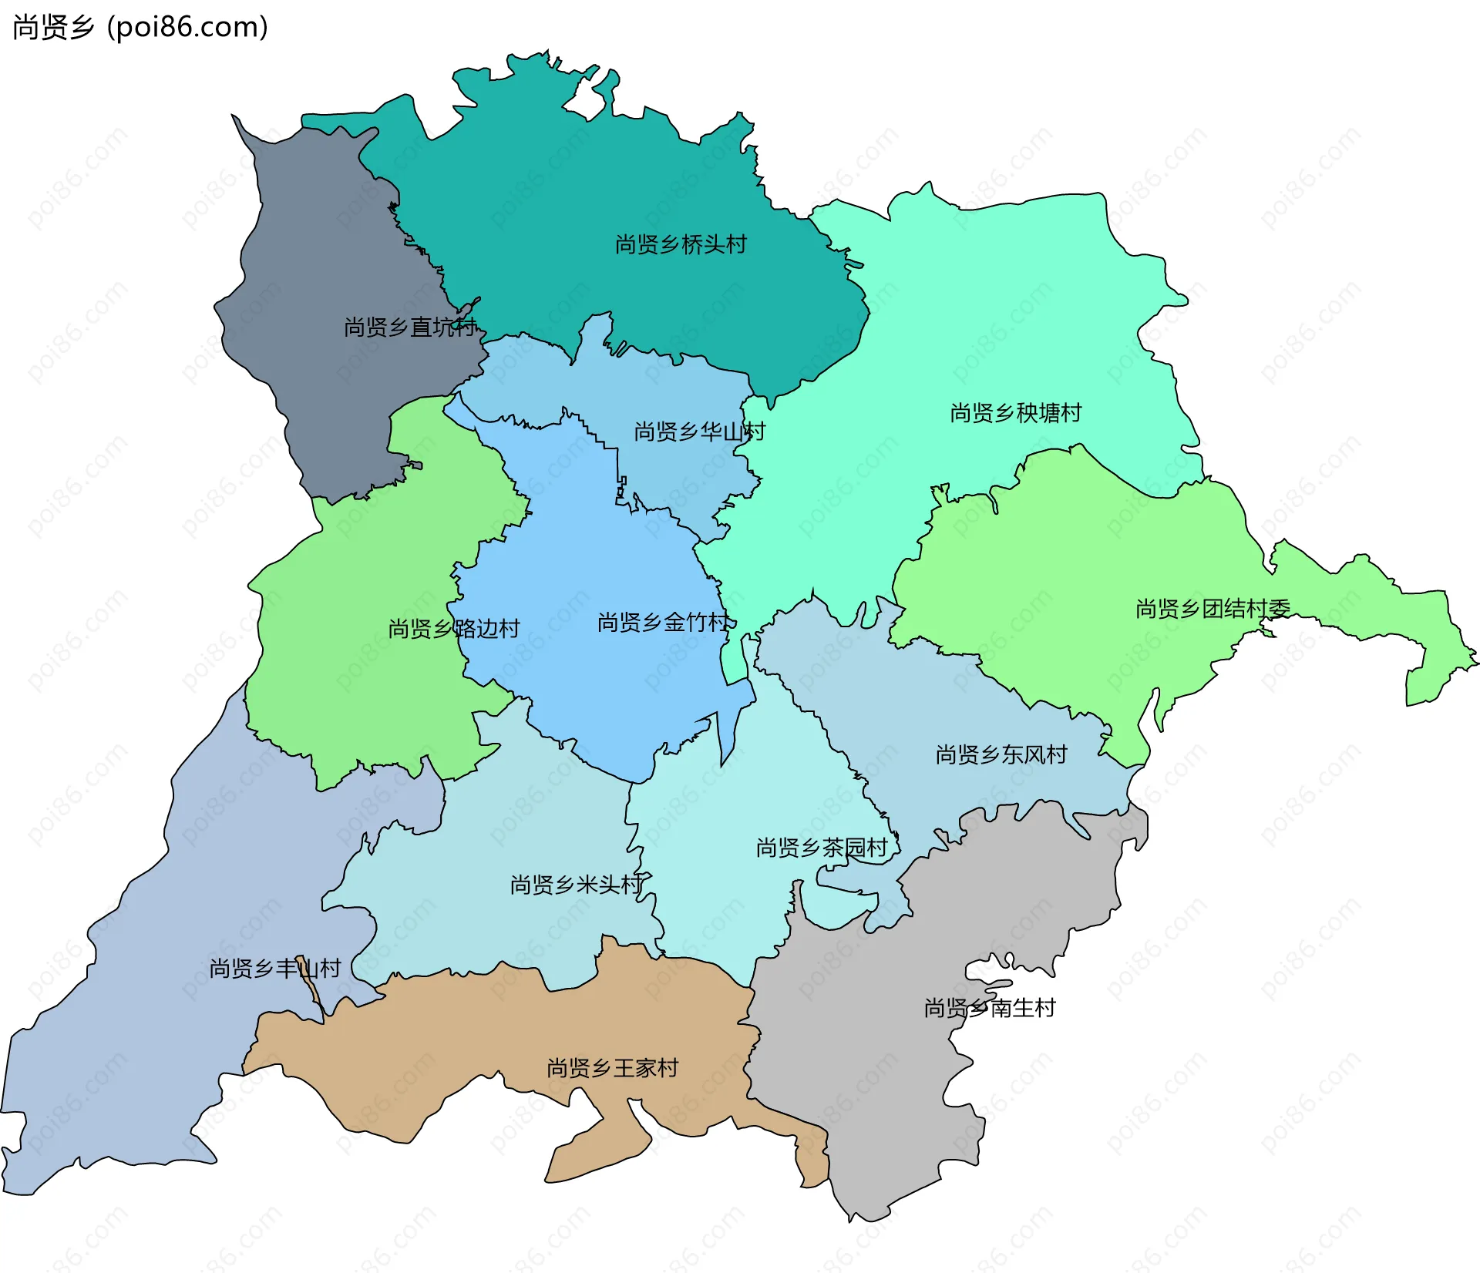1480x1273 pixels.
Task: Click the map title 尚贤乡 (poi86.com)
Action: (x=140, y=27)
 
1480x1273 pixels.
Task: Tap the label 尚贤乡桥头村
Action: (x=681, y=244)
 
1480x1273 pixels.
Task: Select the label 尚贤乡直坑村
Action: (x=410, y=327)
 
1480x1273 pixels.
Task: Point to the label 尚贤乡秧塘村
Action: (x=1015, y=412)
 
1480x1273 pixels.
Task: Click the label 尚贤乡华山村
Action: (x=699, y=431)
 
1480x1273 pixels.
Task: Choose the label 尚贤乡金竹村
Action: (x=663, y=622)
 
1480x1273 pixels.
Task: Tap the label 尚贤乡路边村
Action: (x=454, y=628)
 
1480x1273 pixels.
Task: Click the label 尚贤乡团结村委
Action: (x=1213, y=608)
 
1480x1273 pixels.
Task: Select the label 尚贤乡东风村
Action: (x=1001, y=754)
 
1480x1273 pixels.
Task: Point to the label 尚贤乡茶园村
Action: (x=822, y=848)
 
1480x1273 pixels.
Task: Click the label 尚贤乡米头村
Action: (x=576, y=884)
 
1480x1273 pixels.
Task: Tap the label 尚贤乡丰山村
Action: (x=274, y=968)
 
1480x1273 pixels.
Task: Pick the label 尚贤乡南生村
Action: (x=989, y=1007)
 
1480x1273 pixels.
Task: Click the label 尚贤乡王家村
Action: (x=612, y=1067)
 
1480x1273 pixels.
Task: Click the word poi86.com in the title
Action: (x=187, y=27)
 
